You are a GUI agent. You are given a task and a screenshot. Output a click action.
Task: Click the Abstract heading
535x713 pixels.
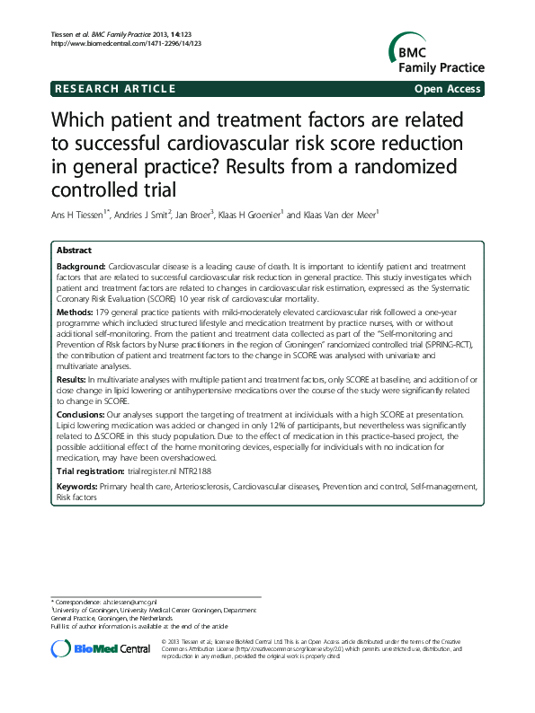pyautogui.click(x=74, y=251)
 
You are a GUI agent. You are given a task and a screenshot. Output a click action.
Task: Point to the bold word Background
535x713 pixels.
pyautogui.click(x=81, y=268)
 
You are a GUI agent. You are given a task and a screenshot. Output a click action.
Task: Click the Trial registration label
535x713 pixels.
pyautogui.click(x=90, y=471)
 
